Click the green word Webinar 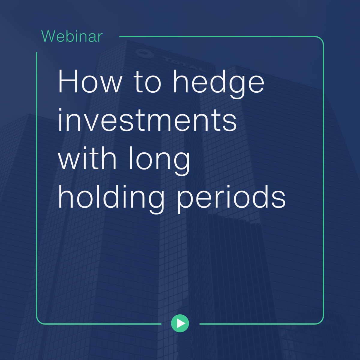(72, 37)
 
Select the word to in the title (147, 82)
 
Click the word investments (147, 120)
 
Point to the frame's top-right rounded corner (321, 40)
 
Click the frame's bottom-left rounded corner (39, 321)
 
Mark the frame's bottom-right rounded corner (321, 321)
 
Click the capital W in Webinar (49, 37)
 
